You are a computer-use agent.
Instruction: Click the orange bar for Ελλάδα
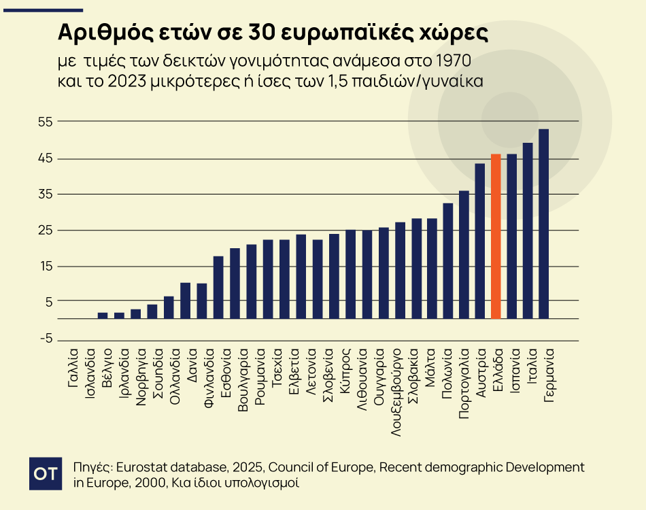pyautogui.click(x=496, y=237)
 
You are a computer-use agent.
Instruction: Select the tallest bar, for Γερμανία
pyautogui.click(x=543, y=224)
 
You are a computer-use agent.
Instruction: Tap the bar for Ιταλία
pyautogui.click(x=528, y=231)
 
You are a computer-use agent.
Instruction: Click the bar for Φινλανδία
pyautogui.click(x=218, y=287)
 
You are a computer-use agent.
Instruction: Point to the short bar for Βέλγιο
pyautogui.click(x=103, y=316)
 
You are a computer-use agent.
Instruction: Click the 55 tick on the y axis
pyautogui.click(x=46, y=122)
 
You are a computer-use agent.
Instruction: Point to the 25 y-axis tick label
pyautogui.click(x=46, y=231)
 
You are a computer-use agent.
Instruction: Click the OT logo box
pyautogui.click(x=46, y=474)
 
